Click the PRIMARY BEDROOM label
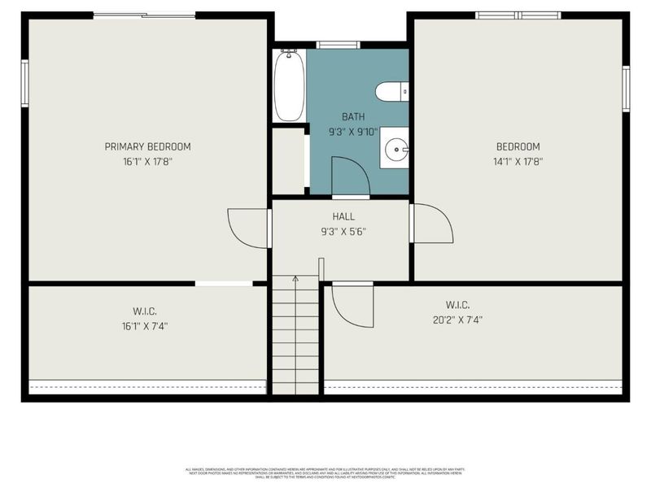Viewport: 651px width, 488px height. click(147, 146)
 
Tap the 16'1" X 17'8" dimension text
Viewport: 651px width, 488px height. click(147, 161)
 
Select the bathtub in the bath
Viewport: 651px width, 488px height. click(288, 85)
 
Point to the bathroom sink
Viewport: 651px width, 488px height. click(395, 148)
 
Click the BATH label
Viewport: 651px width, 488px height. click(353, 117)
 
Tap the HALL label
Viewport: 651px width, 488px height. click(343, 216)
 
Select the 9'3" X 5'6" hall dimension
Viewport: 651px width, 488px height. click(343, 231)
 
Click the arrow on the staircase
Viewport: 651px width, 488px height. click(295, 279)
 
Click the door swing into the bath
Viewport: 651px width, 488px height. click(350, 176)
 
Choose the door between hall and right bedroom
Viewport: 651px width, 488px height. click(431, 224)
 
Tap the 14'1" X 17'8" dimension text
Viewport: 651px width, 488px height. click(518, 161)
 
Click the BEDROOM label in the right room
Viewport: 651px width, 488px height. click(518, 146)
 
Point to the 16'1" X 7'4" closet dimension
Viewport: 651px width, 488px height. click(145, 325)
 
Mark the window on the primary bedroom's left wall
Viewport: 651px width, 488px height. click(25, 83)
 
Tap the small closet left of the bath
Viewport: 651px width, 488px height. click(287, 160)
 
